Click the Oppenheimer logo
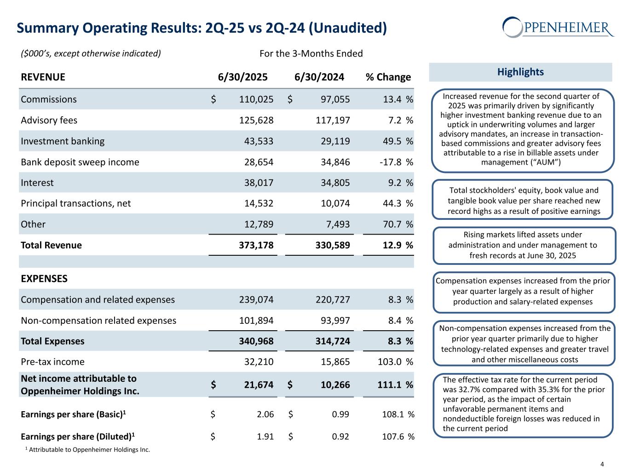pyautogui.click(x=558, y=27)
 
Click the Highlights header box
pyautogui.click(x=520, y=72)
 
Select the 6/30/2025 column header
pyautogui.click(x=242, y=77)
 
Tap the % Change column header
pyautogui.click(x=388, y=77)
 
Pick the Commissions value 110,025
pyautogui.click(x=256, y=99)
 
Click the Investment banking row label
pyautogui.click(x=63, y=141)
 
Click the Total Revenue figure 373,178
pyautogui.click(x=256, y=245)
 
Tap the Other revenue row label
pyautogui.click(x=33, y=224)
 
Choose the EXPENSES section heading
pyautogui.click(x=44, y=279)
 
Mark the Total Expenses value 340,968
pyautogui.click(x=256, y=341)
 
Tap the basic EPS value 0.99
pyautogui.click(x=340, y=414)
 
